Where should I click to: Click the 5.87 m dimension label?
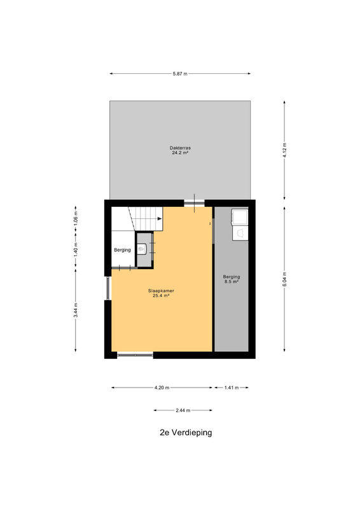click(180, 74)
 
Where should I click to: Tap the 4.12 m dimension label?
click(285, 150)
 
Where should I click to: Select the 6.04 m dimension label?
click(285, 279)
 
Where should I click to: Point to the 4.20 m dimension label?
click(162, 387)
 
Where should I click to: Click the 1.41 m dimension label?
click(232, 387)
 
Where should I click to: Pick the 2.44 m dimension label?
click(183, 410)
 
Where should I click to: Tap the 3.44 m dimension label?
click(76, 310)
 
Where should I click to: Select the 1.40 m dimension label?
click(76, 249)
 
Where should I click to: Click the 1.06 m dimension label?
click(76, 218)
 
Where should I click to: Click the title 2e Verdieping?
click(186, 433)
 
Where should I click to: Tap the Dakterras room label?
click(180, 148)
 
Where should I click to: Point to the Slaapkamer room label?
click(161, 291)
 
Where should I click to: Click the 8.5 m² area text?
click(232, 281)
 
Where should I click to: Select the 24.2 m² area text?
click(180, 152)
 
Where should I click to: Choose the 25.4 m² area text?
click(161, 295)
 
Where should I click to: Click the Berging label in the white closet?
click(122, 250)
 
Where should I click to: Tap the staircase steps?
click(146, 219)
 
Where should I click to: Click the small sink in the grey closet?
click(142, 249)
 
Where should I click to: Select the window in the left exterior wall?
click(108, 288)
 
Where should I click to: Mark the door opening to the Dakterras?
click(195, 204)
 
